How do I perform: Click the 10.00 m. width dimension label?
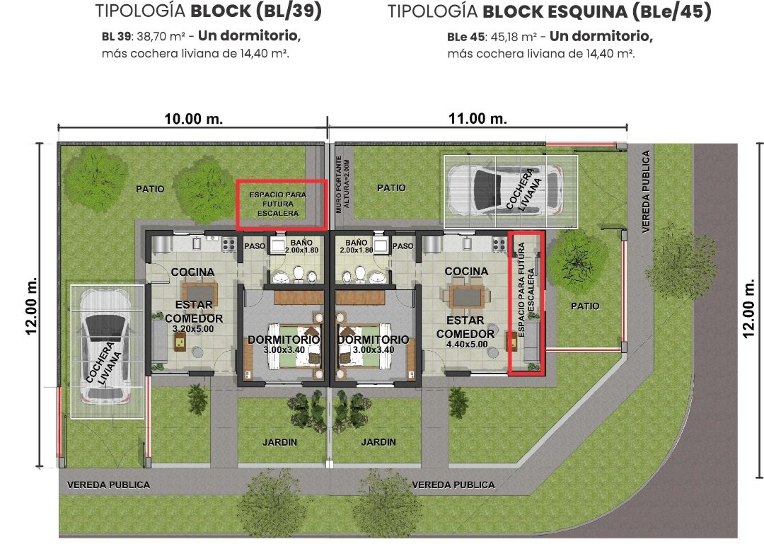[193, 118]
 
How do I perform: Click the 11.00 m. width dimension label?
[477, 118]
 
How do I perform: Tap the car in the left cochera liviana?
[103, 346]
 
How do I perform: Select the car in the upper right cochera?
[510, 190]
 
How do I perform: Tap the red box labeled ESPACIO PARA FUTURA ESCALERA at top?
[282, 204]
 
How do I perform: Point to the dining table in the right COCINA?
[466, 295]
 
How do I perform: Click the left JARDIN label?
[280, 442]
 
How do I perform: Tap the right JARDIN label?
[378, 442]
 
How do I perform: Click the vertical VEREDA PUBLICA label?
[645, 191]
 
